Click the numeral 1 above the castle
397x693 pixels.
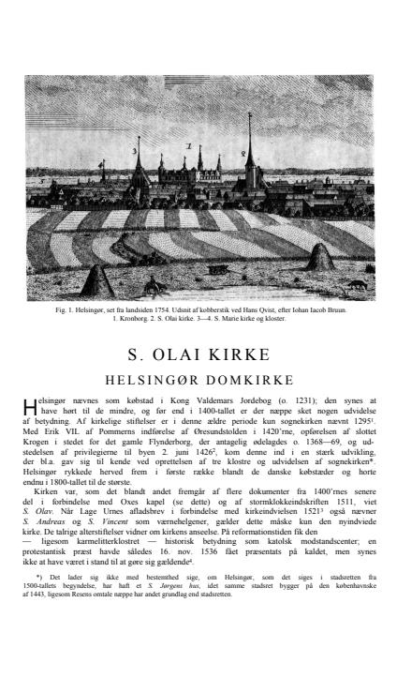point(187,147)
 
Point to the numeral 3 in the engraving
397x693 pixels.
point(135,150)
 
